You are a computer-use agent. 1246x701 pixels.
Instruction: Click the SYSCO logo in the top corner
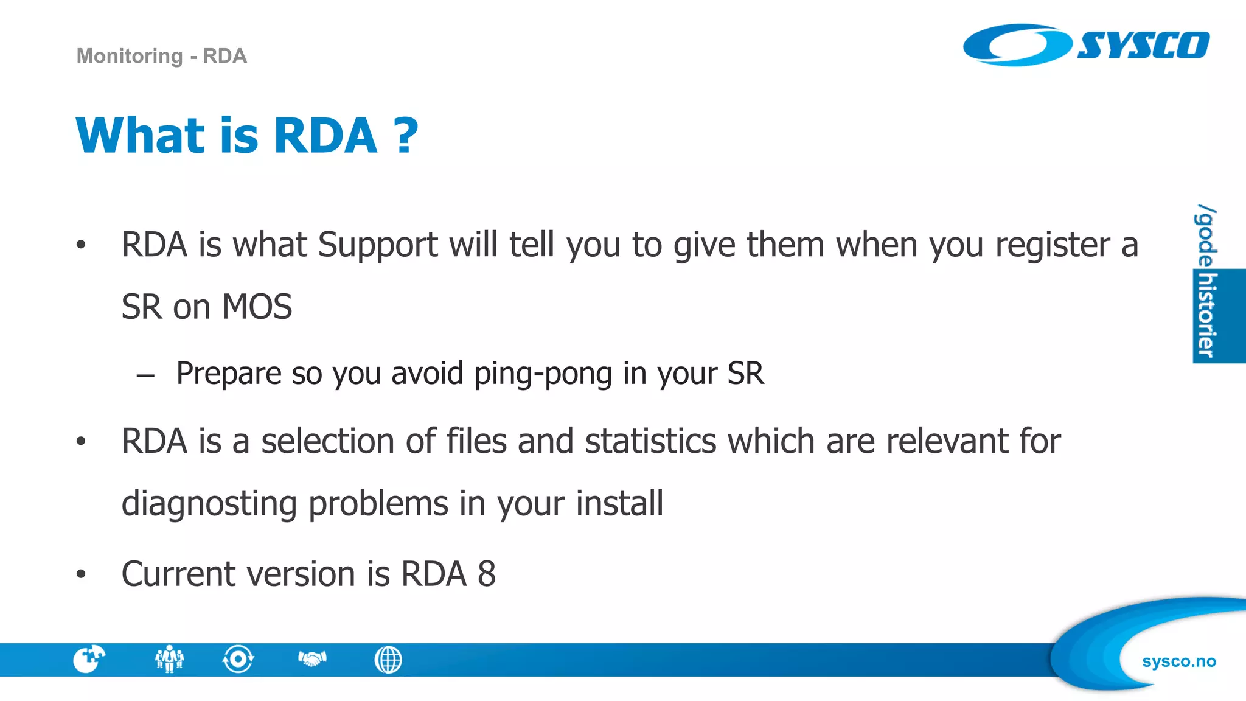[1086, 45]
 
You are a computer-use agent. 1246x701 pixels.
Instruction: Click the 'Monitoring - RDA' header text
[161, 56]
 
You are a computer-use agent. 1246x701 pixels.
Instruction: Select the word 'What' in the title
[141, 135]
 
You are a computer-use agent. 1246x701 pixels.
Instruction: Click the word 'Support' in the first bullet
[377, 245]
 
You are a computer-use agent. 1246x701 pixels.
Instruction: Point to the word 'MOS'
[257, 307]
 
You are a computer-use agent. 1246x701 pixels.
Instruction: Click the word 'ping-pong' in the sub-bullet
[543, 374]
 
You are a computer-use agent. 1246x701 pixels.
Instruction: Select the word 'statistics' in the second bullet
[650, 441]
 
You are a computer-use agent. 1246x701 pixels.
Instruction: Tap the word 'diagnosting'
[209, 504]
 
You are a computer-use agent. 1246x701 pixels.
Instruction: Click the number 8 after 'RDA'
[487, 574]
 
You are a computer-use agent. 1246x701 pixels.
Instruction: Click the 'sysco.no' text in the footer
[1178, 661]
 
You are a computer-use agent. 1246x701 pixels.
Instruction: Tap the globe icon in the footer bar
[388, 660]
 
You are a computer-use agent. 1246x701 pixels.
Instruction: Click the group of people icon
[169, 659]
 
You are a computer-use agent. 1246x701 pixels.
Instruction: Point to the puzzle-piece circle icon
[89, 659]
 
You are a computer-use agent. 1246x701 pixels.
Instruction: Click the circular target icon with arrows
[238, 659]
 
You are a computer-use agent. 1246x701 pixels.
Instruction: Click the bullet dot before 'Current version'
[81, 574]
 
